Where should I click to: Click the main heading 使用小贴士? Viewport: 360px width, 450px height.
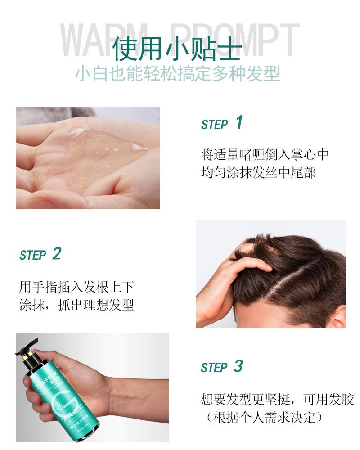coord(177,48)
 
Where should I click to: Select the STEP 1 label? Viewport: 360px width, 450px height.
coord(221,123)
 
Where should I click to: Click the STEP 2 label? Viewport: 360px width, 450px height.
coord(40,254)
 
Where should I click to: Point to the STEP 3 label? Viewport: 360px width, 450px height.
coord(221,367)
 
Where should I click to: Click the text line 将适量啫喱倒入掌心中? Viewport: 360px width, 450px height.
coord(265,155)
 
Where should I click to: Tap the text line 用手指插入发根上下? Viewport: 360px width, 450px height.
coord(76,287)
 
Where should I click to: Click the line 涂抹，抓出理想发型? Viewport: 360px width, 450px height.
coord(76,305)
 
